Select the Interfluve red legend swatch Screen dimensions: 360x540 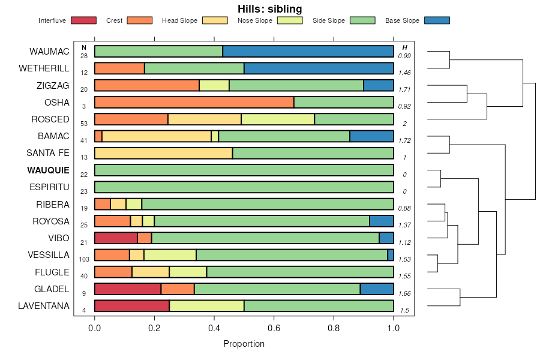pos(83,20)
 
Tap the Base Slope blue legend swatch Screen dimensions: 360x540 pos(437,20)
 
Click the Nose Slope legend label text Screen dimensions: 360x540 pos(254,20)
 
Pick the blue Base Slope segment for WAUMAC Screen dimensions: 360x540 pos(308,52)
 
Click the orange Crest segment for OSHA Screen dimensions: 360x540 pos(194,103)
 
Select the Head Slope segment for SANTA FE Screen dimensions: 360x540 pos(163,154)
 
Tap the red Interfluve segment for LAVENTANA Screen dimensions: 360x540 pos(132,306)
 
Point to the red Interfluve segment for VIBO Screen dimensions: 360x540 pos(116,238)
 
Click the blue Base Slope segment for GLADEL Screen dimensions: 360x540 pos(377,289)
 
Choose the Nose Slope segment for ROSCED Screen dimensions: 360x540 pos(278,119)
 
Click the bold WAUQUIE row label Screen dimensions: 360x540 pos(48,170)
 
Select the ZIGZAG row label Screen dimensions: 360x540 pos(53,86)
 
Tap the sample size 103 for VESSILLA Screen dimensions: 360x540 pos(84,259)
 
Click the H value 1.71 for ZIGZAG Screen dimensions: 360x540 pos(404,89)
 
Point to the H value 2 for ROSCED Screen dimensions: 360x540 pos(404,124)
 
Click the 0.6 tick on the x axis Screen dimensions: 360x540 pos(274,329)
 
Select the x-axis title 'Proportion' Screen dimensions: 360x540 pos(244,344)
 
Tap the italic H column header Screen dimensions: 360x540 pos(404,47)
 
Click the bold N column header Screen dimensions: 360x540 pos(84,47)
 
